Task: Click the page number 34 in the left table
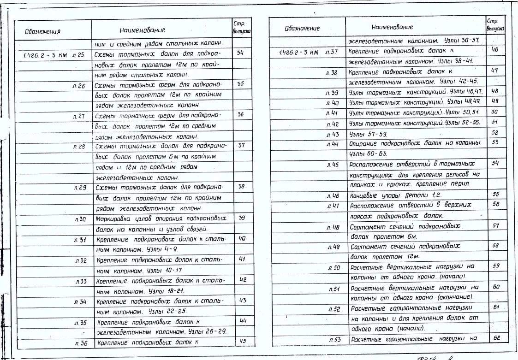click(x=240, y=53)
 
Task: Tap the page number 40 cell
click(x=242, y=238)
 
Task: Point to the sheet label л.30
click(x=80, y=218)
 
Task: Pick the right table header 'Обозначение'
click(x=302, y=28)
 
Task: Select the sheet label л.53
click(x=334, y=340)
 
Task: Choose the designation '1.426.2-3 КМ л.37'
click(x=309, y=52)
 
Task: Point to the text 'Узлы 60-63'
click(x=369, y=153)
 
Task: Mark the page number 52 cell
click(x=495, y=133)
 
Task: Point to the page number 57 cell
click(x=496, y=225)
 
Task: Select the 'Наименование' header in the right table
click(x=392, y=28)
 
